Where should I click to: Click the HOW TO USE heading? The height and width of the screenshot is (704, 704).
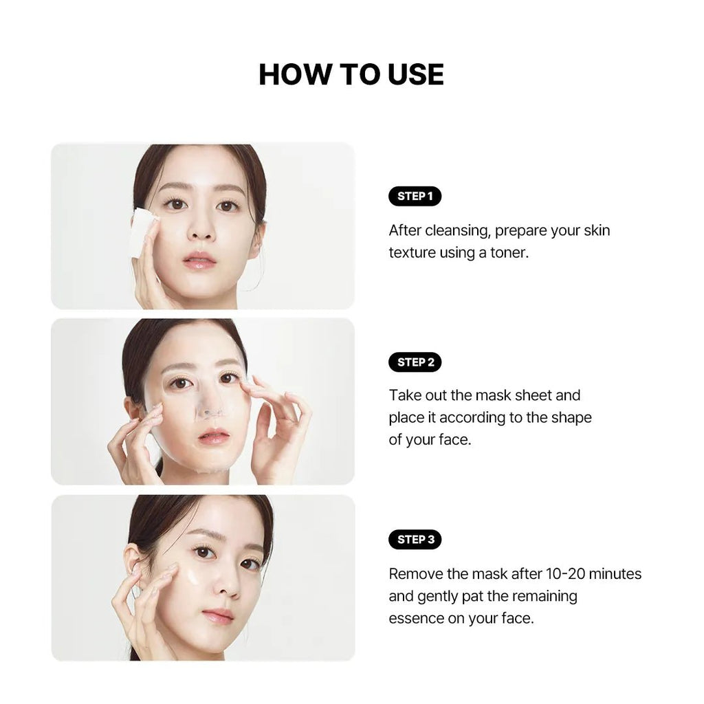coord(351,74)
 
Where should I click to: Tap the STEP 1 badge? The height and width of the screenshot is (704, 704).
coord(415,196)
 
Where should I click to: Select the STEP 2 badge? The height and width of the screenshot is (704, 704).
coord(415,362)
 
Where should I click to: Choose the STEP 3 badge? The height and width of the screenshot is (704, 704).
coord(415,539)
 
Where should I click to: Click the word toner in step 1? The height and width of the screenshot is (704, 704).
coord(509,253)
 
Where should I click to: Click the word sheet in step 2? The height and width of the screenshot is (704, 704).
coord(533,395)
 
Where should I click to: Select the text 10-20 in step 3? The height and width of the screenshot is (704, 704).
coord(565,574)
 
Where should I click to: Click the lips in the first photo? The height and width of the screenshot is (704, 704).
coord(199,260)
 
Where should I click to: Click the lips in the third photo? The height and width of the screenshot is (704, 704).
coord(218,615)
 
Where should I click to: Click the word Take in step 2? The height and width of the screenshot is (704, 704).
coord(403,395)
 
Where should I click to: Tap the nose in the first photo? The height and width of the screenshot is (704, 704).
coord(200,227)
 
